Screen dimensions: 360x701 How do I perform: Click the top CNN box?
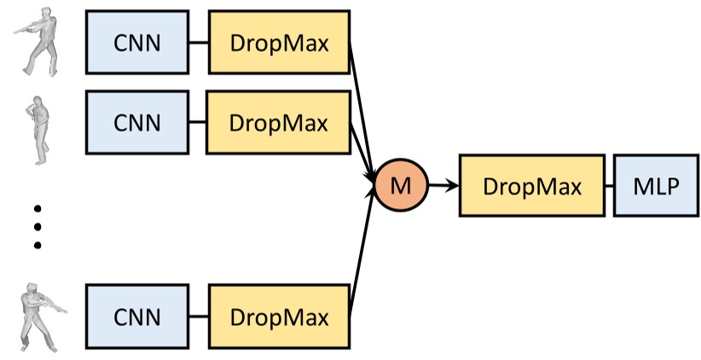136,44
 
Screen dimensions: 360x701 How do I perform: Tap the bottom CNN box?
136,317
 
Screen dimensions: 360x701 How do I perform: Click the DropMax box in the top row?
278,44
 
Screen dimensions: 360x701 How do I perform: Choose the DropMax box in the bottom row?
278,317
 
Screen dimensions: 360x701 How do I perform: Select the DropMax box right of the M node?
531,185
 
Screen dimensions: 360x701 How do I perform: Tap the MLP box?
651,185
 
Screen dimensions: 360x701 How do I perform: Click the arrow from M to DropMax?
443,185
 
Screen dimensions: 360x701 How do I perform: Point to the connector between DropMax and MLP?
608,185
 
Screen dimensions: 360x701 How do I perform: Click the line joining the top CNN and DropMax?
198,44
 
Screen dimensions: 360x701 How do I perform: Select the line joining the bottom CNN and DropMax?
198,317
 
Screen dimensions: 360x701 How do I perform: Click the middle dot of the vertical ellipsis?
37,226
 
